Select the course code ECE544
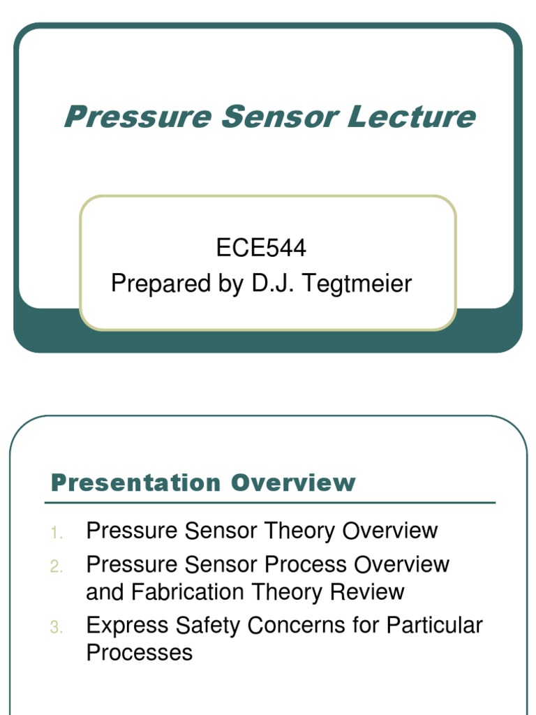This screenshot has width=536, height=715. click(261, 248)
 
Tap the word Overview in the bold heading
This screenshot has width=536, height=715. click(294, 482)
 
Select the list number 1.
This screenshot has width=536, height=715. click(57, 533)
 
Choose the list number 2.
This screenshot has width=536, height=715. click(57, 567)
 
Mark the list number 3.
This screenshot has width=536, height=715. click(57, 628)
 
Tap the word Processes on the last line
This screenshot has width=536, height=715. click(139, 653)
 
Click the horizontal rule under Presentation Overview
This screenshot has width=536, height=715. click(270, 503)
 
